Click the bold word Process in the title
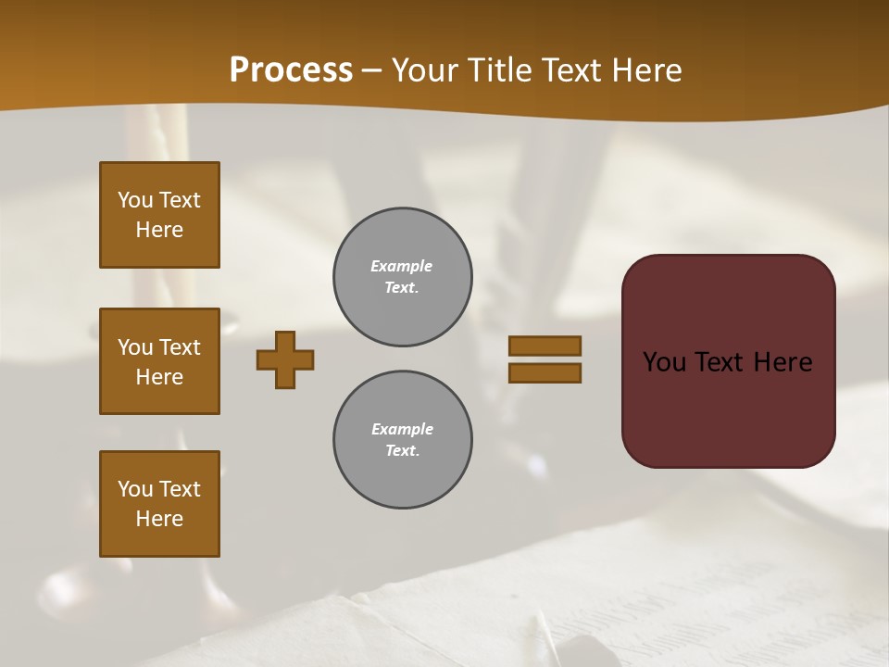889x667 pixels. (291, 70)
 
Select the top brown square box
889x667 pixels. (159, 215)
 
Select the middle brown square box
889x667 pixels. (159, 361)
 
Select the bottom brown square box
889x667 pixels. (159, 504)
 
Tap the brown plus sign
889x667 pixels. (285, 359)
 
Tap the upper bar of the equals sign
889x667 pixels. (545, 346)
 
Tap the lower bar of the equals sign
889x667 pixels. (545, 373)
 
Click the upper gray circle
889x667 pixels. (402, 277)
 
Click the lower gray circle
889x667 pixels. (402, 440)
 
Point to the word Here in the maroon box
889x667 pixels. (783, 362)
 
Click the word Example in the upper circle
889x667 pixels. (401, 266)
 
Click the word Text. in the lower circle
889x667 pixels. (402, 451)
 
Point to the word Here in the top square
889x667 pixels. (159, 230)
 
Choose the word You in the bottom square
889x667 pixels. (135, 489)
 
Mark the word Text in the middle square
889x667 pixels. (180, 347)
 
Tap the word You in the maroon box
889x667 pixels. (665, 362)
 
